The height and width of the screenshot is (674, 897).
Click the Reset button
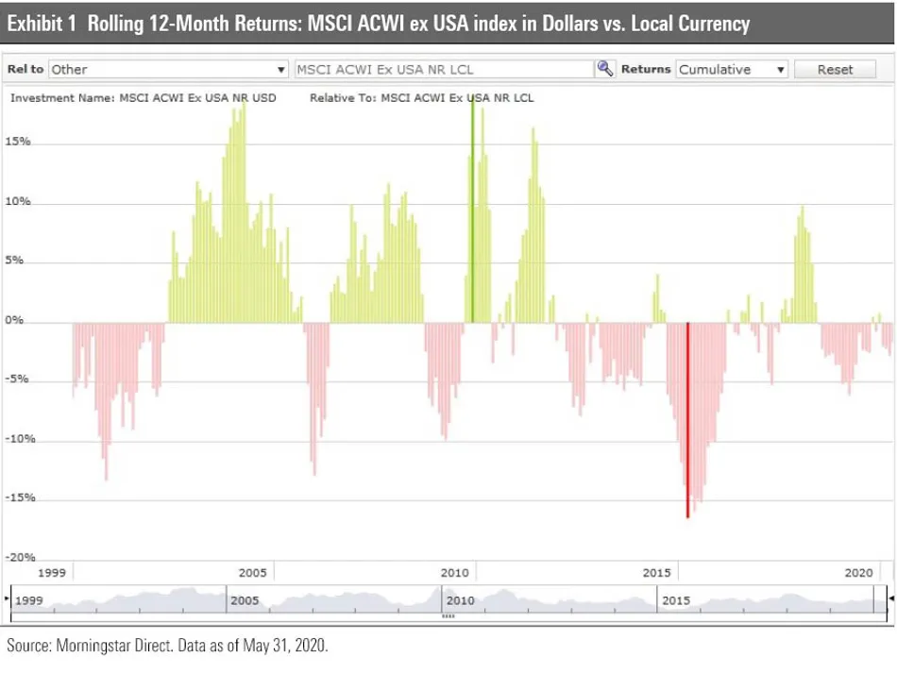coord(835,69)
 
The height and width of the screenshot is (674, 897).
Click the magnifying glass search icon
coord(605,69)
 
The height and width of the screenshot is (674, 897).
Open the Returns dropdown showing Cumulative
coord(732,69)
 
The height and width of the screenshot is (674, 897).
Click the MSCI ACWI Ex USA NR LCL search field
coord(444,69)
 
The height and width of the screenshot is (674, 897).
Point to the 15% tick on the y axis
coord(18,142)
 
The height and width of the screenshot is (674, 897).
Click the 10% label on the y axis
coord(18,202)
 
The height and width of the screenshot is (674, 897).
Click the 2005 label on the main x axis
coord(253,573)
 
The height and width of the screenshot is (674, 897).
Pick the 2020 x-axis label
coord(859,573)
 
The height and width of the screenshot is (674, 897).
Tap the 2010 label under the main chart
coord(455,573)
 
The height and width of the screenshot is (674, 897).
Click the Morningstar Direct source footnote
coord(168,647)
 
